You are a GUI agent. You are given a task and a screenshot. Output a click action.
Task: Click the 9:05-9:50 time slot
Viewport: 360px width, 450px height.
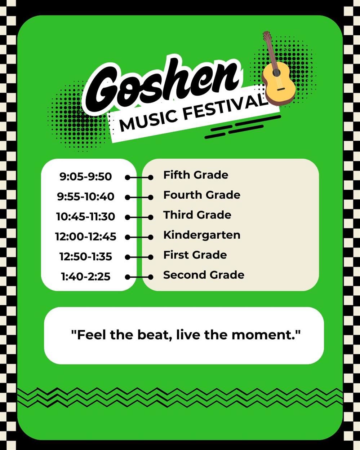[x=86, y=177]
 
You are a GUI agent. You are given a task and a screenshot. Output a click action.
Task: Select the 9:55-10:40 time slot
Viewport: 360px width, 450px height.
[x=85, y=197]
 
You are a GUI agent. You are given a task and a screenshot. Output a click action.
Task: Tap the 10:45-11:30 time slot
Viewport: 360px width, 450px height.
[x=85, y=217]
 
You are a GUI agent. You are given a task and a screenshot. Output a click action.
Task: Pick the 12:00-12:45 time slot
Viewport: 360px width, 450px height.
[x=85, y=237]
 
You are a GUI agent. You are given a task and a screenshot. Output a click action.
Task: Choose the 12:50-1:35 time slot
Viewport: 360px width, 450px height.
[x=85, y=257]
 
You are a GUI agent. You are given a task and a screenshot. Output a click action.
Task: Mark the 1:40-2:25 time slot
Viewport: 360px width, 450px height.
[x=85, y=277]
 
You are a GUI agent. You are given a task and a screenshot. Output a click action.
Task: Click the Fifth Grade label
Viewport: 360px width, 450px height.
[x=196, y=175]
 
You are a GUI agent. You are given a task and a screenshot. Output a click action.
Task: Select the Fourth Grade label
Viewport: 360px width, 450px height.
[x=202, y=195]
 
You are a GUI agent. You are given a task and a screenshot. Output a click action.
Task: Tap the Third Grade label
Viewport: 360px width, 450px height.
[x=197, y=215]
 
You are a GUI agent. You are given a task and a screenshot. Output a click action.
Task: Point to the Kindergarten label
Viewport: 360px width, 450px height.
[x=202, y=235]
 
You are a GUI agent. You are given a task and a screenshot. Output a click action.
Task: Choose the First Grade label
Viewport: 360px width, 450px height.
[x=195, y=255]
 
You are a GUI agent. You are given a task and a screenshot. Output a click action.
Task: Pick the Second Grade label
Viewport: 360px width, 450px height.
[x=204, y=275]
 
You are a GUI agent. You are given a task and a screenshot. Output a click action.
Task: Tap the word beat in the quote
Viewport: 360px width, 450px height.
[x=151, y=335]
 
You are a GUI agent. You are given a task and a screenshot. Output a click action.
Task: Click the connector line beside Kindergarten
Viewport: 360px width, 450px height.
[x=139, y=237]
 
